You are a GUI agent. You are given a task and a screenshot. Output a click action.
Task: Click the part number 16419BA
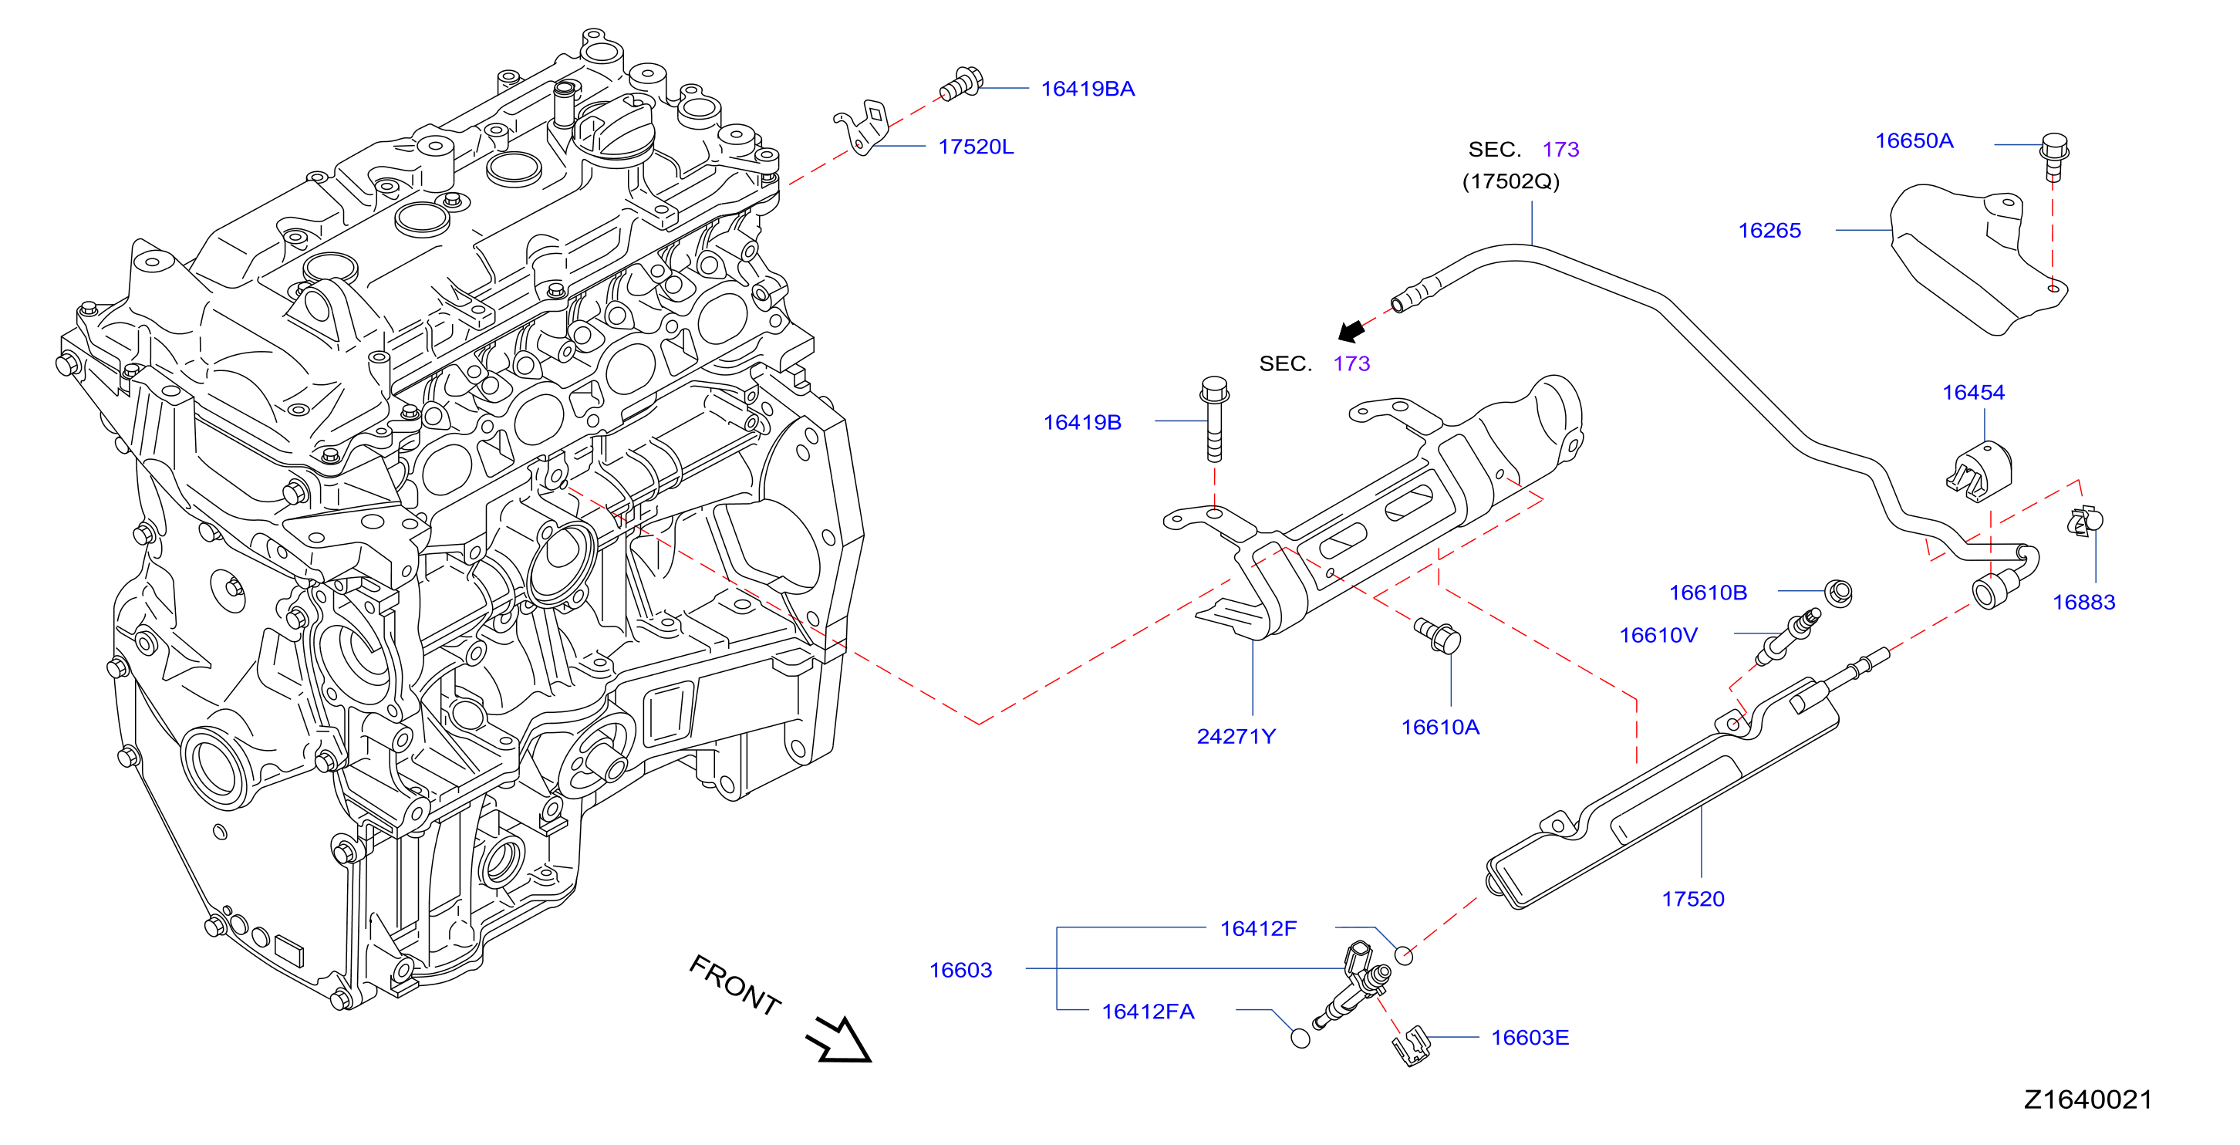coord(1087,89)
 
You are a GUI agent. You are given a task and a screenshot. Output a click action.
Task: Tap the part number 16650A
coord(1914,141)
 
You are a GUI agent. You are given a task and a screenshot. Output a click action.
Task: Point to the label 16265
coord(1769,231)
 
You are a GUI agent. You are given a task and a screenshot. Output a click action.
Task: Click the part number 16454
coord(1973,393)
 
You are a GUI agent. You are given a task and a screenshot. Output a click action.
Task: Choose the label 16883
coord(2083,602)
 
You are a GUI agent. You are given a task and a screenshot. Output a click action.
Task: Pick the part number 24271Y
coord(1236,736)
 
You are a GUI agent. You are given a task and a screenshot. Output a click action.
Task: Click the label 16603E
coord(1530,1037)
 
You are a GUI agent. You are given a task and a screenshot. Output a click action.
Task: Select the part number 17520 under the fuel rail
coord(1693,899)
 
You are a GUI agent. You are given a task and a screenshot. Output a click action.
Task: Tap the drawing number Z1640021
coord(2088,1099)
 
